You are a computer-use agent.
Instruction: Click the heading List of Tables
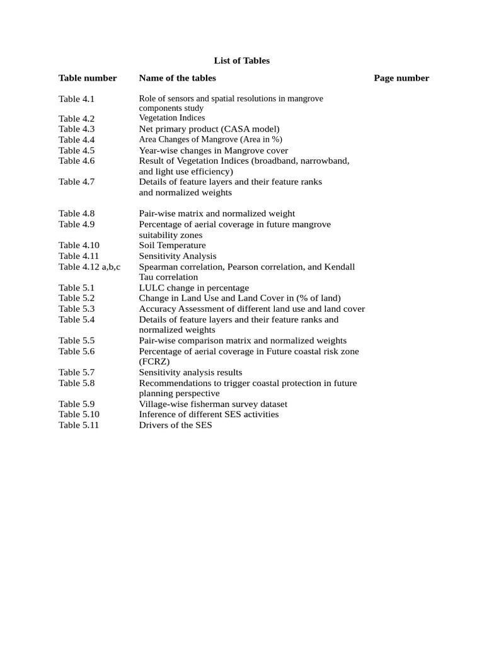click(241, 61)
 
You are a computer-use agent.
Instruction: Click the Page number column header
click(401, 78)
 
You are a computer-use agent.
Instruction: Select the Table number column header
click(88, 78)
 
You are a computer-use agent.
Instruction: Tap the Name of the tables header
click(177, 78)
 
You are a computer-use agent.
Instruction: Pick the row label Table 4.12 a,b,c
click(89, 266)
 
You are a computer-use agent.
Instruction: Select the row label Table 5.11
click(79, 425)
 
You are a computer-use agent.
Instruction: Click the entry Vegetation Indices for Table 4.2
click(171, 118)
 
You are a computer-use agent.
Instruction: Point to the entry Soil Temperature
click(172, 245)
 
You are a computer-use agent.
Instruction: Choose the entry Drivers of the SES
click(175, 425)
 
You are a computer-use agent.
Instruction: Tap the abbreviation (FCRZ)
click(154, 362)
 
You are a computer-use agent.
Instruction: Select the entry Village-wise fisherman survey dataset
click(213, 404)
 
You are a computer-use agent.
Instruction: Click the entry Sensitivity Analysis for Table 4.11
click(177, 256)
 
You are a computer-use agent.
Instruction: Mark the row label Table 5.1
click(76, 288)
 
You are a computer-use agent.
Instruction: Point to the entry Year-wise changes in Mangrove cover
click(213, 151)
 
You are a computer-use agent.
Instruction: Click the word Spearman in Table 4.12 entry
click(158, 266)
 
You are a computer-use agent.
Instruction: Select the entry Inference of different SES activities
click(209, 414)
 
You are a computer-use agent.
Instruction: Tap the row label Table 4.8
click(76, 214)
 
